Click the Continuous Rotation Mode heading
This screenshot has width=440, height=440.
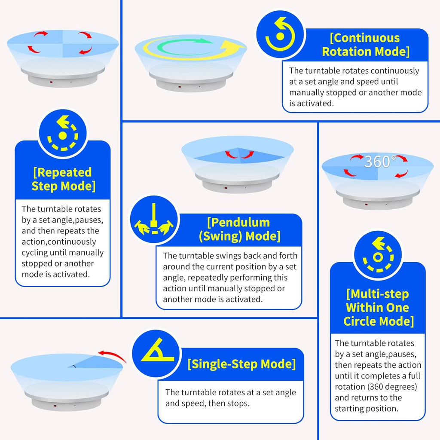[365, 45]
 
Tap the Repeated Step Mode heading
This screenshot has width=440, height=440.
[63, 179]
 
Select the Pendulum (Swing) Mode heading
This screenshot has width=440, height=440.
[239, 229]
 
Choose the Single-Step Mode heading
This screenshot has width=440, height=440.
[241, 364]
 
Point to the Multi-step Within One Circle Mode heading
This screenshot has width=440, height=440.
[378, 308]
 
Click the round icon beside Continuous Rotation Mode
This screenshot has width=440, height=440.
[280, 34]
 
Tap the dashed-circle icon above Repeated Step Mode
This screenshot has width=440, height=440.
[63, 133]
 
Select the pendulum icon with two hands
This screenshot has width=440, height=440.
[154, 220]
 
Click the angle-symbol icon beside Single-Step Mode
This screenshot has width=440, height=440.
[156, 353]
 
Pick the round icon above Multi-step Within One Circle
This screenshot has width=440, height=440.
[378, 255]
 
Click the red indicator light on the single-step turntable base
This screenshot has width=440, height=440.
[55, 406]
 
